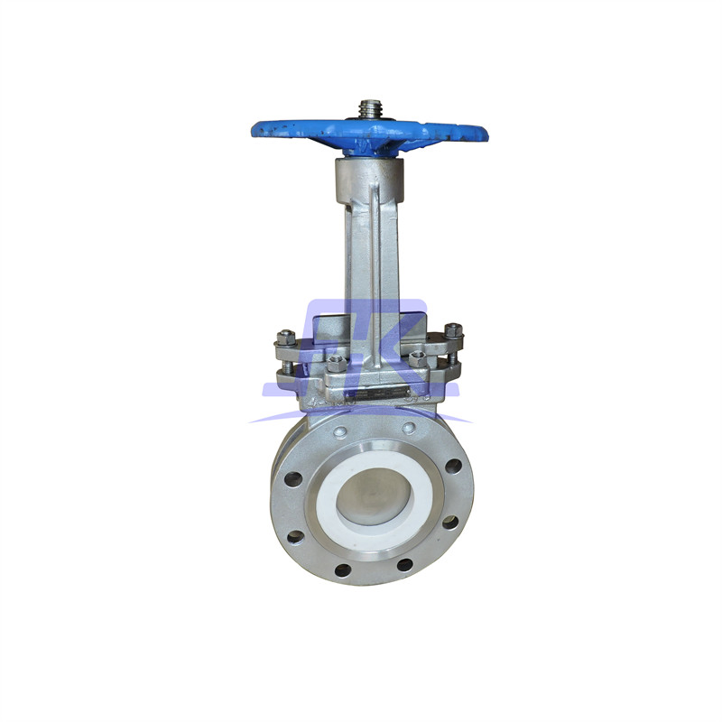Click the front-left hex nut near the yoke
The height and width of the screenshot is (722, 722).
(x=335, y=363)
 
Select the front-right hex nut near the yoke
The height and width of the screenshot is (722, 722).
(x=417, y=359)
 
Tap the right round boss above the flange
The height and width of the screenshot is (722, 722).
(x=412, y=428)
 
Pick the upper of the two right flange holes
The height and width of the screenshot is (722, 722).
(x=453, y=467)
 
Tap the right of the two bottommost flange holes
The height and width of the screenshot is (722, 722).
(x=405, y=565)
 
